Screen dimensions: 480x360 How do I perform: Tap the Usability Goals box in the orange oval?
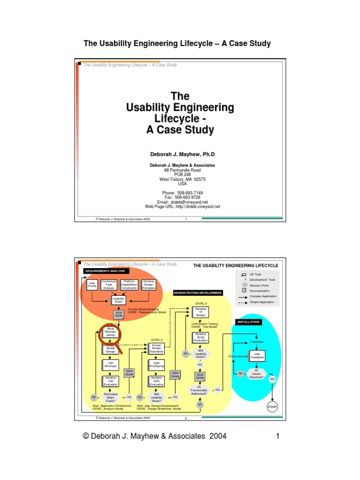(119, 300)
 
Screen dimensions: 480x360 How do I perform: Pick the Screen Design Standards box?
(157, 349)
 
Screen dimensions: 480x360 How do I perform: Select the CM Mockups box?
(111, 364)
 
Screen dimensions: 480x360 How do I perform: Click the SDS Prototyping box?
(157, 364)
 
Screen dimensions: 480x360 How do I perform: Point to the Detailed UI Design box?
(201, 312)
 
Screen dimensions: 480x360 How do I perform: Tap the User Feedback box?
(256, 355)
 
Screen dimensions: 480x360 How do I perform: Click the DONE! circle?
(272, 407)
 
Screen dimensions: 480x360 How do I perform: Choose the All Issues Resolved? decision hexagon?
(256, 374)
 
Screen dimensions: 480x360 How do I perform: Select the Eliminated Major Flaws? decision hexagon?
(111, 397)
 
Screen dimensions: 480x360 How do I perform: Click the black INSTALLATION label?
(248, 322)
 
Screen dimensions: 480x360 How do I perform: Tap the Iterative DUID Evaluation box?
(201, 337)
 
